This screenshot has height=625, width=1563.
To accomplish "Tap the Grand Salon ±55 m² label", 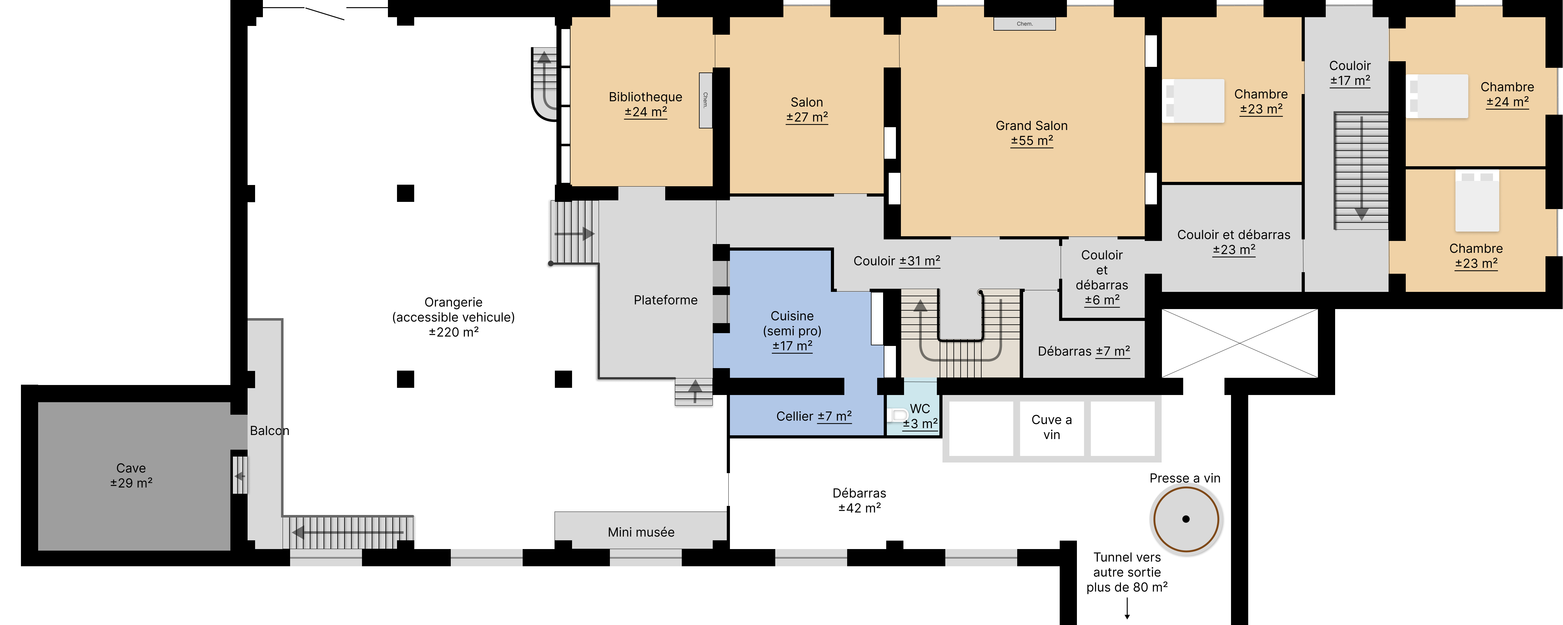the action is point(1032,133).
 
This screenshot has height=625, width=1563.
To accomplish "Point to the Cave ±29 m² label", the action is point(131,476).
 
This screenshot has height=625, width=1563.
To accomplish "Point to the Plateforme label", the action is point(666,300).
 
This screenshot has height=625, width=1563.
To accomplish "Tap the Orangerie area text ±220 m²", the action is point(454,332).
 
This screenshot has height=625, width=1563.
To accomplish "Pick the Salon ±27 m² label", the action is point(807,110).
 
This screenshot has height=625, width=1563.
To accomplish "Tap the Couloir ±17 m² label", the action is point(1350,73).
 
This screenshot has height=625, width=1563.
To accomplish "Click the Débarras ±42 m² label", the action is point(859,501).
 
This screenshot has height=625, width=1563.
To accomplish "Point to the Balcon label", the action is point(269,431).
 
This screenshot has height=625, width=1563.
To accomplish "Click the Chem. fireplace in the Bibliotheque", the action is point(705,100).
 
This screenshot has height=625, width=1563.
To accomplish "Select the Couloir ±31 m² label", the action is point(897,261).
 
